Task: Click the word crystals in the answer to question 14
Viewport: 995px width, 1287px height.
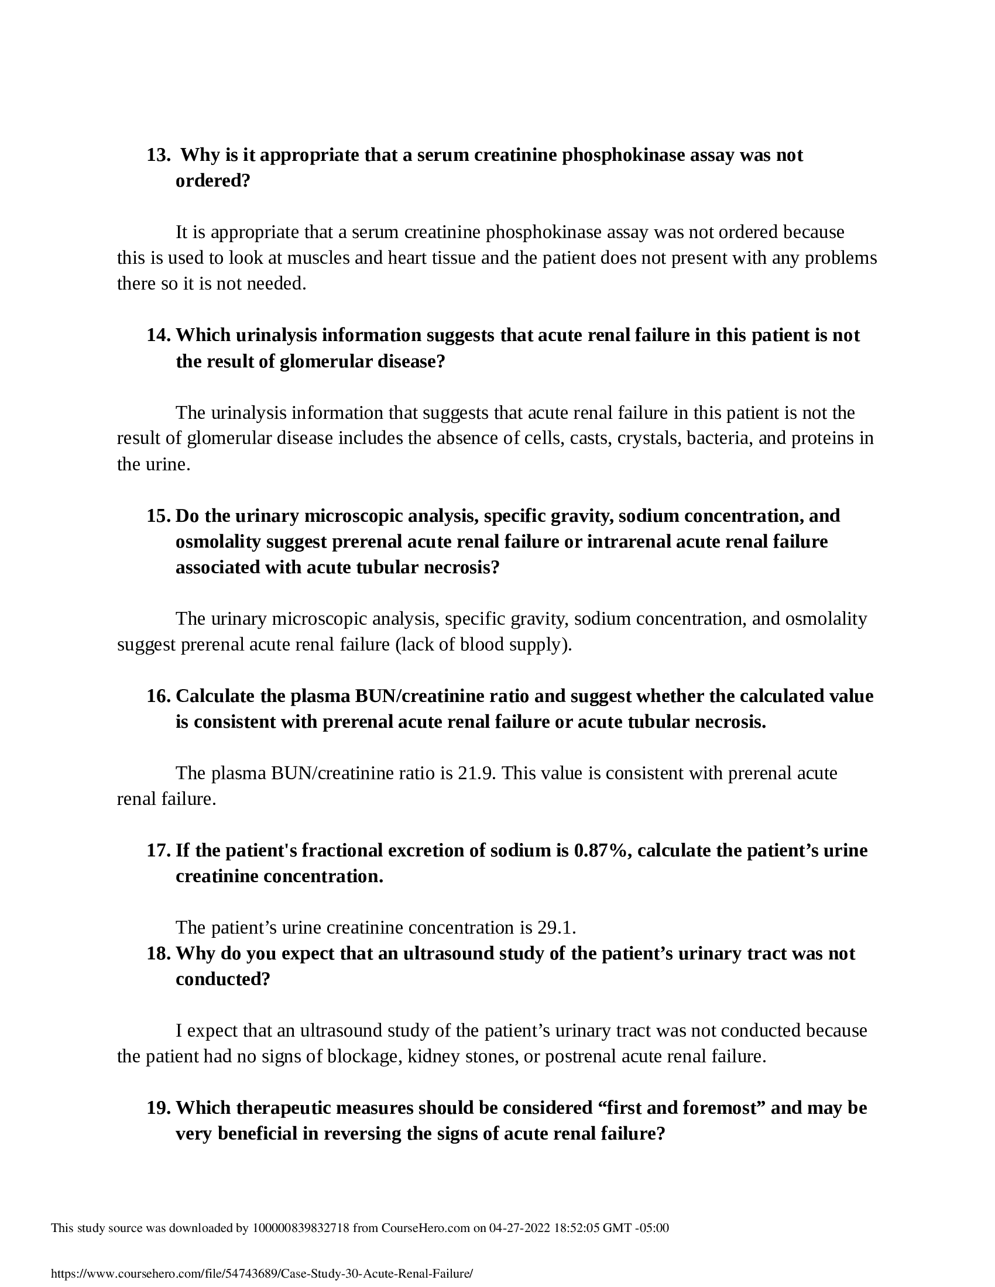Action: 650,438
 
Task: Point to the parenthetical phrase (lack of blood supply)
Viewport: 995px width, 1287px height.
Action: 483,645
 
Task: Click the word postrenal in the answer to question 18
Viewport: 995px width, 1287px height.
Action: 581,1056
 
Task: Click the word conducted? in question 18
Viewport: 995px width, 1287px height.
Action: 223,979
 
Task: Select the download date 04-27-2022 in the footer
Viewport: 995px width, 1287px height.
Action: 519,1228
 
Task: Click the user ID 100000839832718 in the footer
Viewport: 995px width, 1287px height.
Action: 301,1228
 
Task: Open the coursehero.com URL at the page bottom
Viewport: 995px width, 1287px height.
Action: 262,1274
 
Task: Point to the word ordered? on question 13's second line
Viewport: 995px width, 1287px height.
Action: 214,181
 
